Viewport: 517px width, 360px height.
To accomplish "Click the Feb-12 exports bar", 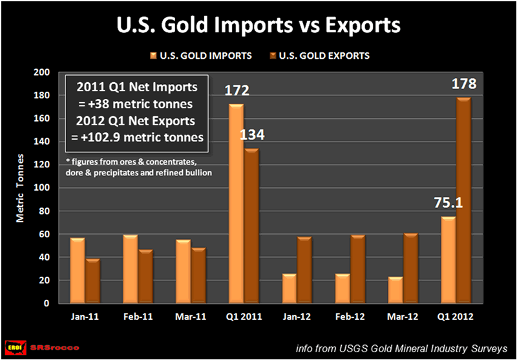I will point(357,269).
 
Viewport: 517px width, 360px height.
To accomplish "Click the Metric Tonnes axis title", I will point(21,188).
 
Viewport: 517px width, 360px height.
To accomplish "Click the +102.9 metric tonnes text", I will point(137,136).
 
